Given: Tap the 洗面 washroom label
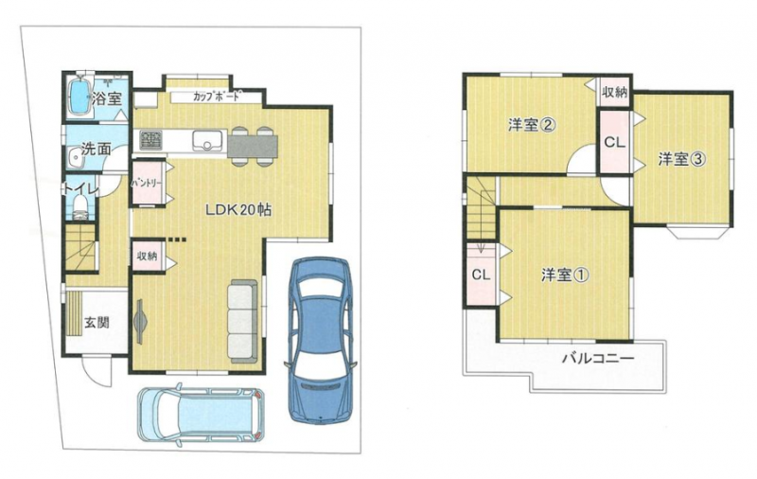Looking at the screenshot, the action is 97,150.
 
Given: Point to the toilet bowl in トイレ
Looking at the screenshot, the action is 80,207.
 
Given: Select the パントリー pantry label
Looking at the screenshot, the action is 147,184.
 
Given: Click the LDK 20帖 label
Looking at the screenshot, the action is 238,210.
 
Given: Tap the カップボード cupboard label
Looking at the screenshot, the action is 216,97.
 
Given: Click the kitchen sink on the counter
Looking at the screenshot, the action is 208,141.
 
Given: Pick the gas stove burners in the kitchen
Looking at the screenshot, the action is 151,140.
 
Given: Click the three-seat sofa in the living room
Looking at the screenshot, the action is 244,321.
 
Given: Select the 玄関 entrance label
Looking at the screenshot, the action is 97,322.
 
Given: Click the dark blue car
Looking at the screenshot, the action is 320,340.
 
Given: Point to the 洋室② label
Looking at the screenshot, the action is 531,126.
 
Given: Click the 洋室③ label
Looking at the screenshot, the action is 682,159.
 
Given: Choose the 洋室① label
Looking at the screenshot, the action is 565,275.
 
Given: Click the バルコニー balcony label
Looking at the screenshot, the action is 598,358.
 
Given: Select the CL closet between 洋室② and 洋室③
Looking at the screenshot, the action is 614,142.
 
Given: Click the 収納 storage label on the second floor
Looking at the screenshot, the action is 614,92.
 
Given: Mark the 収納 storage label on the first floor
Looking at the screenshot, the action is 147,257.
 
